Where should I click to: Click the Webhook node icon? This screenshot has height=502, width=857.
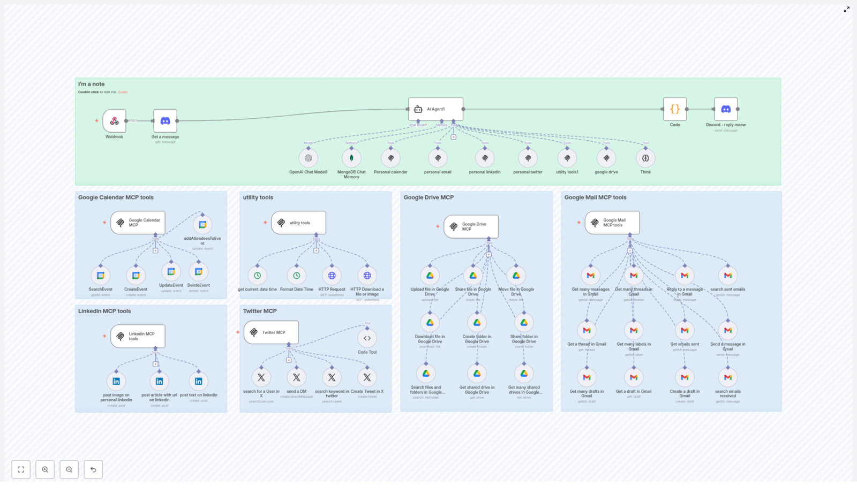tap(114, 121)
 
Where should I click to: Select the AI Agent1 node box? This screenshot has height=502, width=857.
tap(435, 109)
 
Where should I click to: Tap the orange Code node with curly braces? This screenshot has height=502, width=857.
tap(674, 109)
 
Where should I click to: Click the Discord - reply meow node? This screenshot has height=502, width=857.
tap(725, 109)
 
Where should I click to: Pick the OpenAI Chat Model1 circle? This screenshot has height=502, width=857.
tap(308, 158)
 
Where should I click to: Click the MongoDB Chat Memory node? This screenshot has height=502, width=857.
tap(351, 158)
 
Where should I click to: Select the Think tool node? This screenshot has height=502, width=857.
tap(645, 158)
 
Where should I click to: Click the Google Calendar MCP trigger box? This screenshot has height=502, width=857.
tap(138, 223)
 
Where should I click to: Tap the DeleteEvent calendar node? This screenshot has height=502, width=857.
tap(199, 272)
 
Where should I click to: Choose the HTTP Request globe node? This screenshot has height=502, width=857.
tap(332, 276)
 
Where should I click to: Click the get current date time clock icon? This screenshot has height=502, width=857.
tap(257, 276)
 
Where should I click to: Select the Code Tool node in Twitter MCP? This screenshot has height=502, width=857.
tap(367, 338)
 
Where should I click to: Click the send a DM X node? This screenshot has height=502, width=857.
tap(296, 377)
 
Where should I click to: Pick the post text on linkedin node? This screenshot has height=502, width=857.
tap(199, 381)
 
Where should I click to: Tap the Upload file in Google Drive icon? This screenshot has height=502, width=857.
tap(430, 276)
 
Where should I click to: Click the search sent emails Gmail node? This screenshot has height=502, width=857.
tap(727, 276)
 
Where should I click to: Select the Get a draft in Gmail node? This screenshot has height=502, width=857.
tap(634, 377)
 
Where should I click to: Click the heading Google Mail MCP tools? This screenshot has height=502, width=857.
tap(595, 197)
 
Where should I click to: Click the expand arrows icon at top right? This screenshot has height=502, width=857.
tap(846, 10)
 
